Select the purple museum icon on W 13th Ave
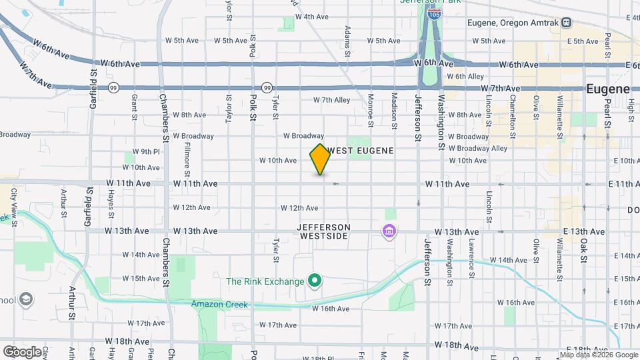(x=388, y=232)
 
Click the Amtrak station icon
(x=566, y=23)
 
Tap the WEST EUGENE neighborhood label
(x=360, y=151)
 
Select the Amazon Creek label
(x=219, y=305)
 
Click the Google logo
(x=21, y=351)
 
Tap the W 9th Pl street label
(x=146, y=151)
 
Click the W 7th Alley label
(x=331, y=101)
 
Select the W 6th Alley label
(x=465, y=77)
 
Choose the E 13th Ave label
(x=587, y=231)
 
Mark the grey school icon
(x=26, y=299)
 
